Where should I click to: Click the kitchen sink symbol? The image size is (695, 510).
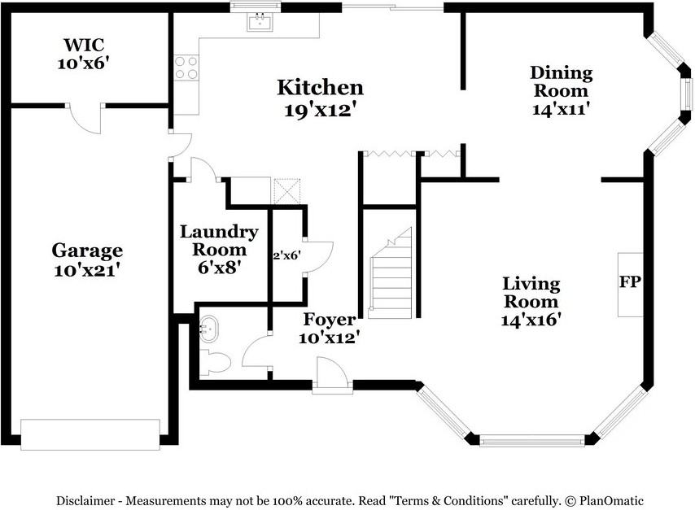(260, 22)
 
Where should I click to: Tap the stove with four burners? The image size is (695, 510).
(186, 68)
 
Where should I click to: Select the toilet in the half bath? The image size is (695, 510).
(215, 363)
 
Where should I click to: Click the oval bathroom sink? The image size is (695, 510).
(208, 329)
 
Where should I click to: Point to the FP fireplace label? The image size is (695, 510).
(630, 281)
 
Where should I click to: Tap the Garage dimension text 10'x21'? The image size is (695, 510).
(87, 269)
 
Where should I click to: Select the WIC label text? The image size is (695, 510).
(84, 45)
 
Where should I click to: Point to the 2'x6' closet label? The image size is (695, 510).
(287, 255)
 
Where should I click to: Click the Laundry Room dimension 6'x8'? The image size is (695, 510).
(220, 267)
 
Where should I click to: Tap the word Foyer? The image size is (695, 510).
(330, 319)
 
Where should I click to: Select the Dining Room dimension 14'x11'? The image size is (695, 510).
(561, 108)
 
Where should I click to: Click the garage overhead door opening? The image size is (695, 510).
(90, 434)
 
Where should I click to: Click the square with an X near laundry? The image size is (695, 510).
(287, 191)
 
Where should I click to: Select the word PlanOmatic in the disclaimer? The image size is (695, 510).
(611, 501)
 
